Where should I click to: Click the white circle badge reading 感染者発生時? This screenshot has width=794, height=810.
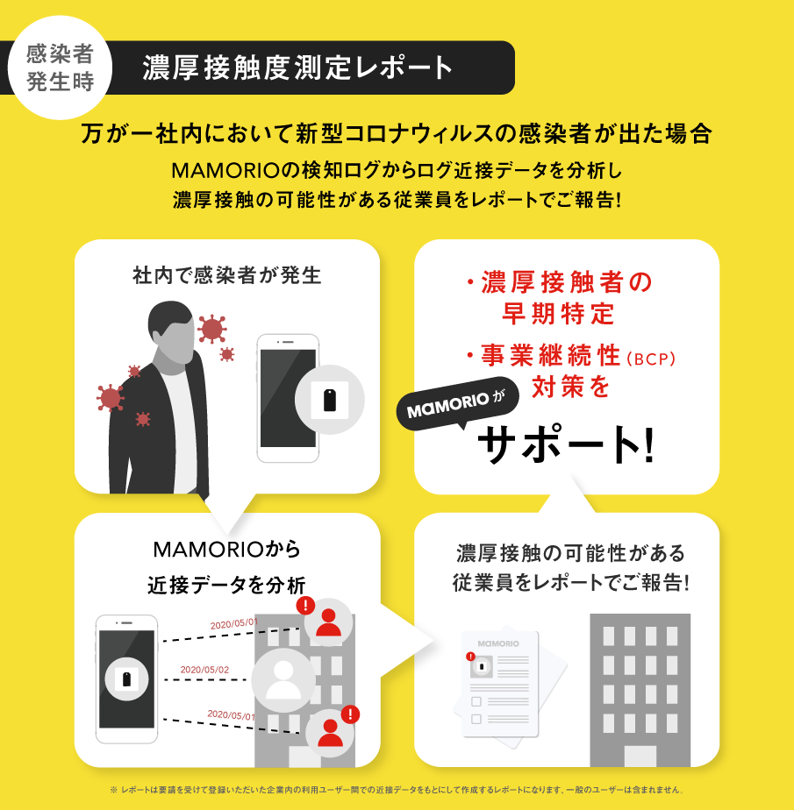[x=60, y=67]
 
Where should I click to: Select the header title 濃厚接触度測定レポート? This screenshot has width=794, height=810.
[x=297, y=67]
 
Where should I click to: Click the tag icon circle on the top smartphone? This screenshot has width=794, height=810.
[x=330, y=400]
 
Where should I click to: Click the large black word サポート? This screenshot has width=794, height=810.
[x=566, y=444]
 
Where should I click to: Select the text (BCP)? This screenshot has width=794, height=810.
[x=651, y=359]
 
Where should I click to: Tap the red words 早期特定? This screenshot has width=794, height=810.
[x=558, y=314]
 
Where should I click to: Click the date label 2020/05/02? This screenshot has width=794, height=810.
[x=204, y=670]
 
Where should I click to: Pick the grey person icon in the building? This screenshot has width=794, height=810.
[x=283, y=679]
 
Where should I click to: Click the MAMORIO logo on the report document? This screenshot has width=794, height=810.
[x=498, y=643]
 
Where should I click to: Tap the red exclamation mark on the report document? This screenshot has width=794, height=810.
[x=470, y=657]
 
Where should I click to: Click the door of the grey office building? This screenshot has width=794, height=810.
[x=640, y=757]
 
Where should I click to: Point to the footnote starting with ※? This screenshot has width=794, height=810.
[x=397, y=790]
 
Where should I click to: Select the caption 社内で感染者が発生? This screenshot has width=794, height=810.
[x=227, y=275]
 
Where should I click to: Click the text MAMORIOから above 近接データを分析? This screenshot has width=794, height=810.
[x=227, y=549]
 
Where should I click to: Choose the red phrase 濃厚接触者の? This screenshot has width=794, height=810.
[x=561, y=282]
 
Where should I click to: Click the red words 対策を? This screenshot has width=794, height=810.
[x=571, y=387]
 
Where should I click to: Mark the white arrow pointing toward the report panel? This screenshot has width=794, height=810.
[x=407, y=642]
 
